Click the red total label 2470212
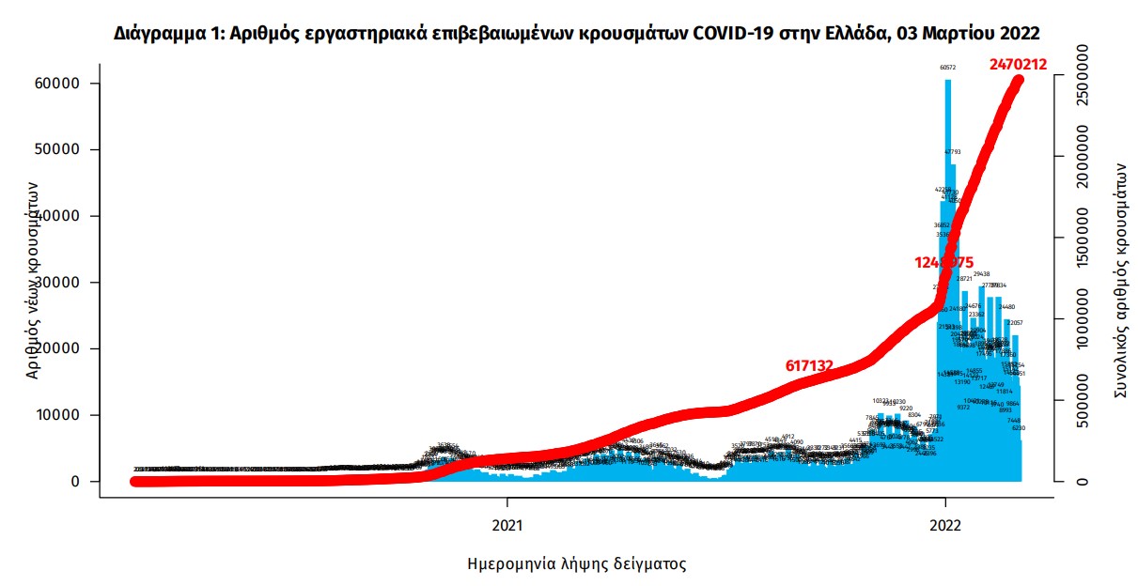(1018, 65)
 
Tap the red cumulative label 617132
(809, 366)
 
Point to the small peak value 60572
(947, 68)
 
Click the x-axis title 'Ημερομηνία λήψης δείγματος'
(576, 564)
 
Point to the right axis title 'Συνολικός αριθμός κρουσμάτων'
(1119, 279)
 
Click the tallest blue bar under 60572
(947, 282)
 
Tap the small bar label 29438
(982, 274)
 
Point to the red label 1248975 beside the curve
(943, 263)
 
